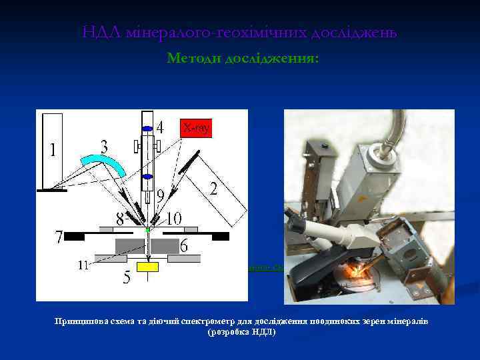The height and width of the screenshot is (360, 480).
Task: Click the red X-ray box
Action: tap(196, 127)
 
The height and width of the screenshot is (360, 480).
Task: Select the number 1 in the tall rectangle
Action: tap(53, 151)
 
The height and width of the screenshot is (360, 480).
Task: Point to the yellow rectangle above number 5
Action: tap(147, 267)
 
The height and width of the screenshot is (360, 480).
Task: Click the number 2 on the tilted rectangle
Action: tap(213, 189)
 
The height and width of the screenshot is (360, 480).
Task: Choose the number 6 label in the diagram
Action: tap(184, 246)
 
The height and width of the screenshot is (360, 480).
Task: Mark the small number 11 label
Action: tap(83, 265)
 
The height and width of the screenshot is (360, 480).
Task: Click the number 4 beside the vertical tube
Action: tap(160, 127)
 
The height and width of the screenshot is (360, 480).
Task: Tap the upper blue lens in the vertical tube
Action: tap(147, 129)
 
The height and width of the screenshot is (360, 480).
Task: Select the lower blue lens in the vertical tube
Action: tap(147, 177)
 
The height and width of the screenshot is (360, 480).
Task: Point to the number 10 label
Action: tap(173, 217)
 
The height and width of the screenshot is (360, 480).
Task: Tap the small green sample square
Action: tap(147, 229)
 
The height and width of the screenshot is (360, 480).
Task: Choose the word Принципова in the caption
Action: tap(84, 321)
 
